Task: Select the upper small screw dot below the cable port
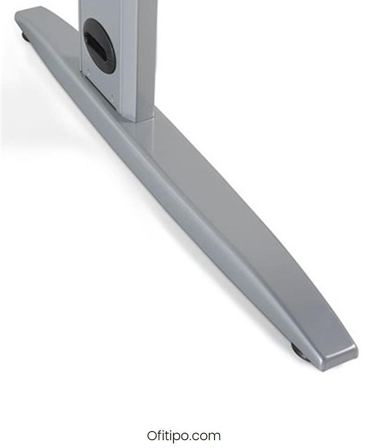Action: pyautogui.click(x=88, y=69)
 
